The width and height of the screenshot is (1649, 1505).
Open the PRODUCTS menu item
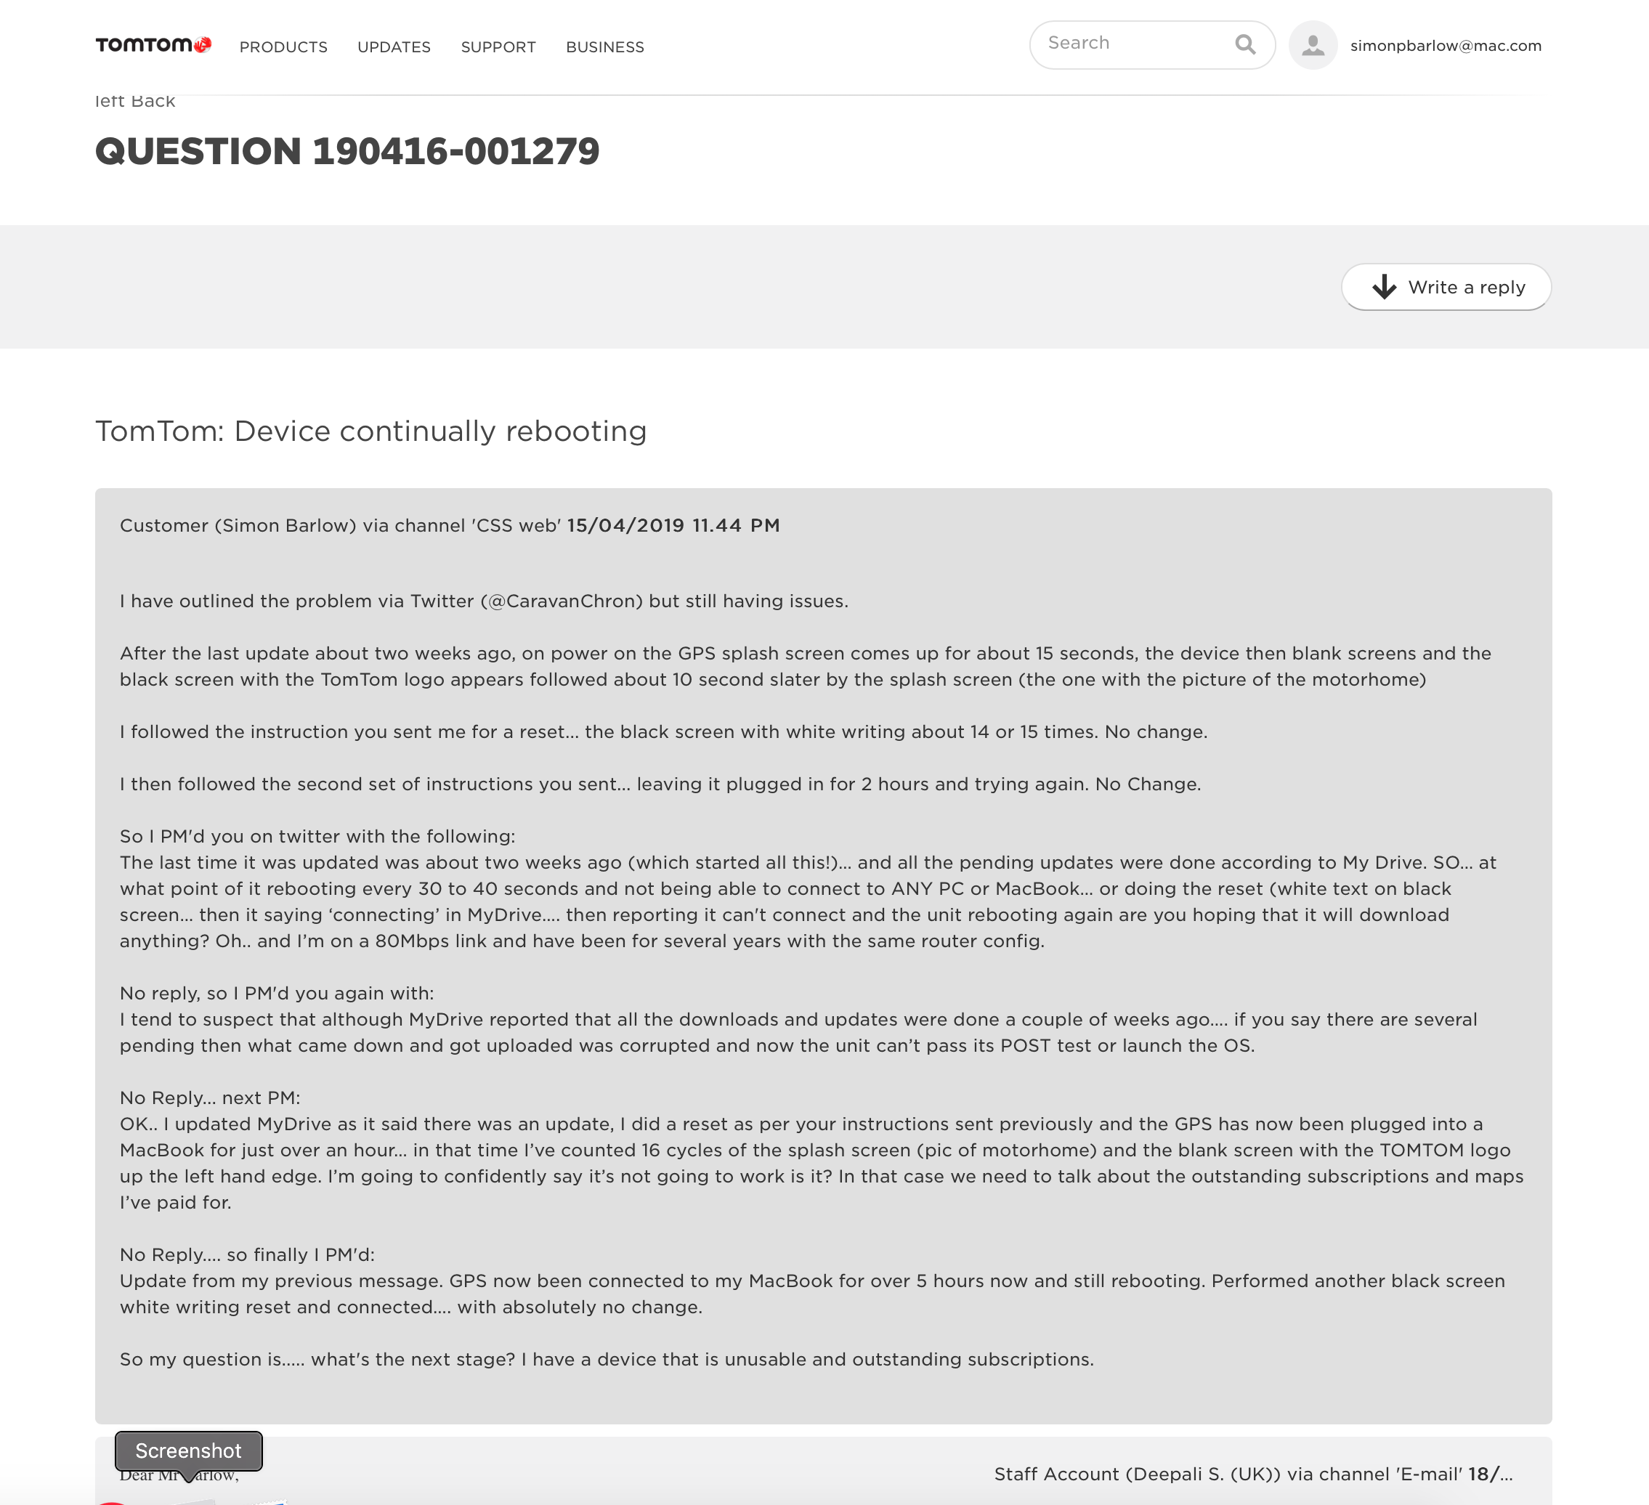(283, 47)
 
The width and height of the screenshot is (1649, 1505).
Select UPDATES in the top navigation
(394, 47)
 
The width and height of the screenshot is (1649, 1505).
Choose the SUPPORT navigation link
(498, 47)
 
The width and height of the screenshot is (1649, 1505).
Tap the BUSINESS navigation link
(604, 47)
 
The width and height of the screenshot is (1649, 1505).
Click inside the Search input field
(1133, 44)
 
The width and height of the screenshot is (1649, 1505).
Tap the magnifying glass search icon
(1245, 44)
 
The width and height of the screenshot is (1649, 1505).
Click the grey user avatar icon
(1313, 45)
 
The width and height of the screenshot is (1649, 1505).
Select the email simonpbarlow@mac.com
(1446, 46)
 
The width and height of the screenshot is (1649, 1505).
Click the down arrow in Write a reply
(1384, 287)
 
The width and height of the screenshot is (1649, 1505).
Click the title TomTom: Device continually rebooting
(370, 431)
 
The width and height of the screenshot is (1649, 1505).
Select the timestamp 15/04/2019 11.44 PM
(673, 526)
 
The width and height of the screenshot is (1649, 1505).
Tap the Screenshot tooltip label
(188, 1451)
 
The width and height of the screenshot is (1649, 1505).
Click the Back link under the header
(153, 102)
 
